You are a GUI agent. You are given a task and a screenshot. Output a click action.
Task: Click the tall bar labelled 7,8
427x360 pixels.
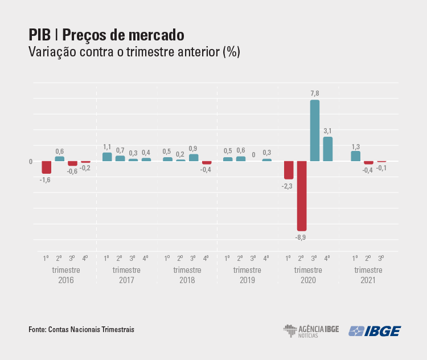(314, 130)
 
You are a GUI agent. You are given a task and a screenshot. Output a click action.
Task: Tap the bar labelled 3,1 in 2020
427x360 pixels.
(327, 149)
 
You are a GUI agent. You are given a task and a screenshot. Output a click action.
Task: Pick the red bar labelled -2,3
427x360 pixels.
(289, 170)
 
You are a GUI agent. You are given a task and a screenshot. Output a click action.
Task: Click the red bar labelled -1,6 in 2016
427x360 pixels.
(47, 167)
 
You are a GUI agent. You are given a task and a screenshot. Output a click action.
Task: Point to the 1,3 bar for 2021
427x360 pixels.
(355, 156)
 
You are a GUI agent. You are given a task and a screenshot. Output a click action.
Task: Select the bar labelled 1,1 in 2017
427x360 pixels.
(107, 157)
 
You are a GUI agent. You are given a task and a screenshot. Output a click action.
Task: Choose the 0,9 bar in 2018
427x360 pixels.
(194, 157)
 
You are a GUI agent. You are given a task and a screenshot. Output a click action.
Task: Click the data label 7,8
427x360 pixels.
(314, 93)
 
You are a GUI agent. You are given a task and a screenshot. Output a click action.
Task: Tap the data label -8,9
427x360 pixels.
(301, 237)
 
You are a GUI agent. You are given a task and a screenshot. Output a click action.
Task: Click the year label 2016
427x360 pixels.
(66, 280)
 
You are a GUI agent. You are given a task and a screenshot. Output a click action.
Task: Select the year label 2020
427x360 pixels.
(308, 280)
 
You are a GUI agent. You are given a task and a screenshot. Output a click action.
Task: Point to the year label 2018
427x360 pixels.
(187, 280)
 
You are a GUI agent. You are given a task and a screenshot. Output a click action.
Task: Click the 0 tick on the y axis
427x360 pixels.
(31, 161)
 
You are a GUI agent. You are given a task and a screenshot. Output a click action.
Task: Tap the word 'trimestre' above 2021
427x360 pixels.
(368, 269)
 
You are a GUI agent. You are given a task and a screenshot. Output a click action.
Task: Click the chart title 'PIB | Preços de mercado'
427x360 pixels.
(106, 35)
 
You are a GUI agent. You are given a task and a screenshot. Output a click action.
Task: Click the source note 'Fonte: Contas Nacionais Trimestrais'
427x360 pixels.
(81, 330)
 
